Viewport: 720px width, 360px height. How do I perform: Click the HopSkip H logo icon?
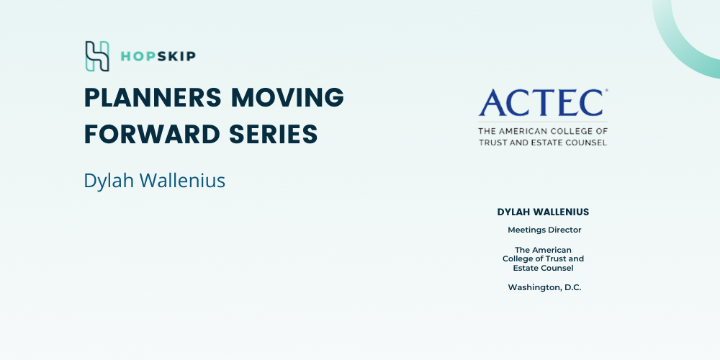97,56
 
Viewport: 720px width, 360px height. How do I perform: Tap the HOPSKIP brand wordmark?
158,56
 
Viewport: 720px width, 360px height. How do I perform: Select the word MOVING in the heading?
287,97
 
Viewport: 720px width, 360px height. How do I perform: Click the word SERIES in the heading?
273,134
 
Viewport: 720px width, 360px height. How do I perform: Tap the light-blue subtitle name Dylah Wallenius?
154,181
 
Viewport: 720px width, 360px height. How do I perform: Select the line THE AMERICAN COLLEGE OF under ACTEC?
543,131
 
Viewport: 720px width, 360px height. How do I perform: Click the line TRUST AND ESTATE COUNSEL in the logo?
543,143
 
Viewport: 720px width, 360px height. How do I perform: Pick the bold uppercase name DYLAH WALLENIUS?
543,212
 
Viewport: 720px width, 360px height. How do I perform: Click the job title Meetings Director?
544,230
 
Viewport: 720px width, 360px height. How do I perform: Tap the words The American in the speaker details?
543,251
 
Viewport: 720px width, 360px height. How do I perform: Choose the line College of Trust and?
543,259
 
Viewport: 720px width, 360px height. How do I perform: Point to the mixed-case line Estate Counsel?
543,268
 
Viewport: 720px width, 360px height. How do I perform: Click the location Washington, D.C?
544,288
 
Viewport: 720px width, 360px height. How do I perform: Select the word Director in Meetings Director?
564,230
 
